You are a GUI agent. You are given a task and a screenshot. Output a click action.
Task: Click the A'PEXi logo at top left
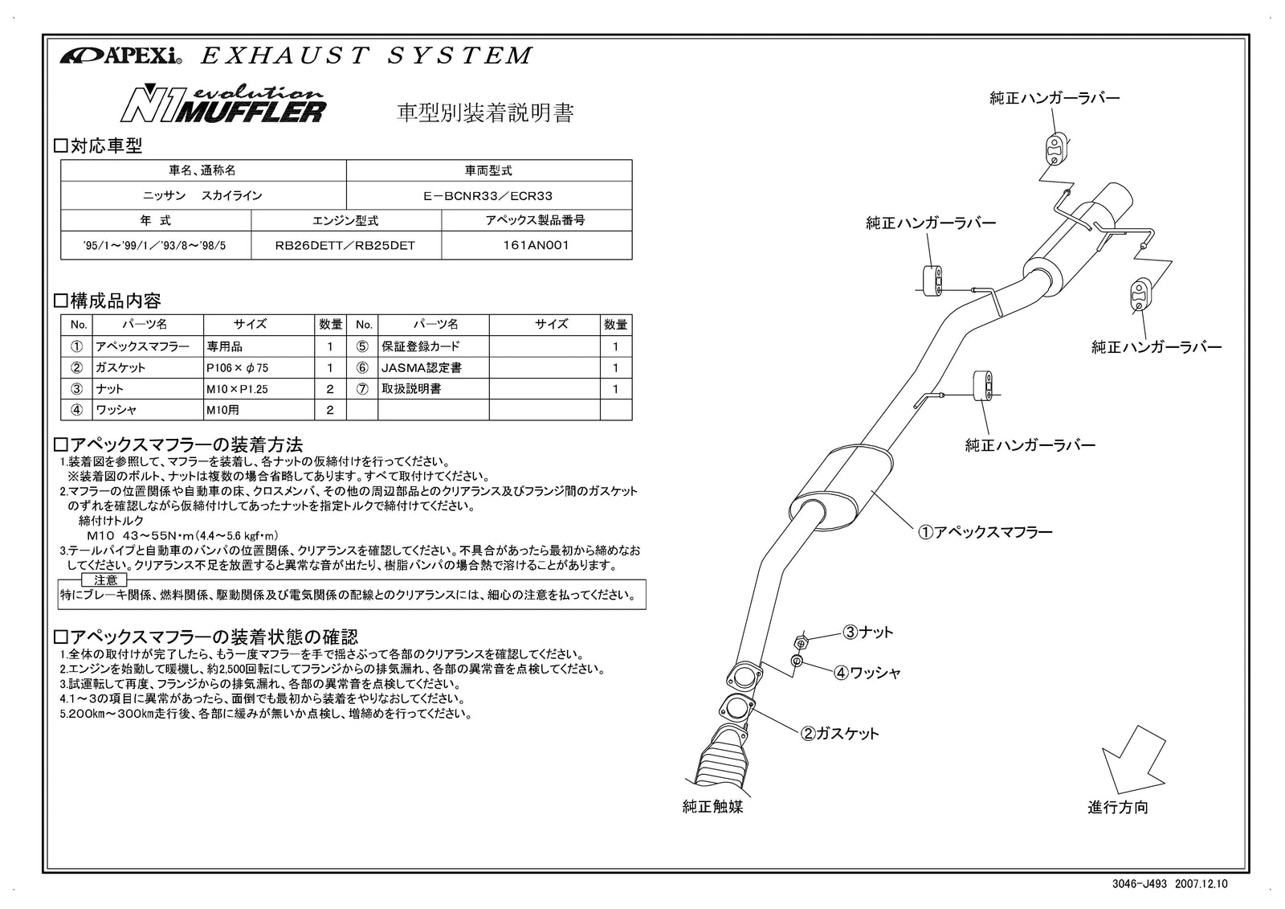click(x=120, y=56)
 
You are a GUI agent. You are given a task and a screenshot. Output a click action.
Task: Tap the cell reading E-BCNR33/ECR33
click(x=488, y=195)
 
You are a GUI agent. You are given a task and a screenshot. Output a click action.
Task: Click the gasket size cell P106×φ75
click(x=237, y=367)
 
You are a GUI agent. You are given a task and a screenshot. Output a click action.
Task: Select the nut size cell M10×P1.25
click(x=237, y=388)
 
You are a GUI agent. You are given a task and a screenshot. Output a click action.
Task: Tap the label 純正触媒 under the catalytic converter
click(x=712, y=806)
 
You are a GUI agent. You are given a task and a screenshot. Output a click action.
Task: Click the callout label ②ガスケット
click(x=838, y=733)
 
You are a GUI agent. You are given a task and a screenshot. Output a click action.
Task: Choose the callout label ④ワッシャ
click(x=867, y=673)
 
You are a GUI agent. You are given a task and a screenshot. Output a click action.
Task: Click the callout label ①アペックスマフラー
click(x=985, y=531)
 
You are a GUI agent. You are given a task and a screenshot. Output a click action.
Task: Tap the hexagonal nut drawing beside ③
click(x=800, y=642)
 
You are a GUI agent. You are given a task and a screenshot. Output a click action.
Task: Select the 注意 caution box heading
click(x=105, y=579)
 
